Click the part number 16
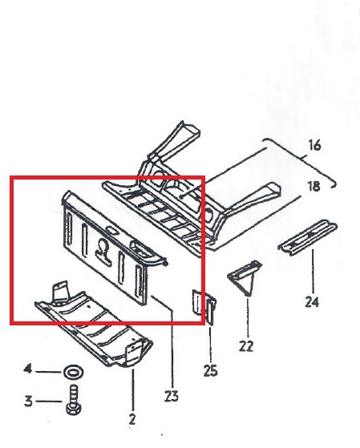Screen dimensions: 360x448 coord(314,145)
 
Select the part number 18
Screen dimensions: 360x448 coord(314,186)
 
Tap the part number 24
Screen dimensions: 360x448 coord(312,301)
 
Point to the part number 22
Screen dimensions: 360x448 coord(246,346)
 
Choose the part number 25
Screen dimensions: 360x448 coord(210,371)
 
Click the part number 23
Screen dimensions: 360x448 coord(172,396)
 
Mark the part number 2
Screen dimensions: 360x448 coord(131,419)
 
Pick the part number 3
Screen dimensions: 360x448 coord(28,402)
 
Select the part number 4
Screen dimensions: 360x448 coord(28,369)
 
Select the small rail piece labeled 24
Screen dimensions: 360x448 coord(307,236)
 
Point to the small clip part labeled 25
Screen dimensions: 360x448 coord(204,307)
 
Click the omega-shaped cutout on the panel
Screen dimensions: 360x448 coord(103,251)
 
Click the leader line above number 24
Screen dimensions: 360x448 coord(313,271)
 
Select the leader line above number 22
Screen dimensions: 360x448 coord(248,317)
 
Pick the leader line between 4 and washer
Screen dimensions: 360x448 coord(48,372)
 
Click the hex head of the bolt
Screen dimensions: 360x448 coord(73,409)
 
